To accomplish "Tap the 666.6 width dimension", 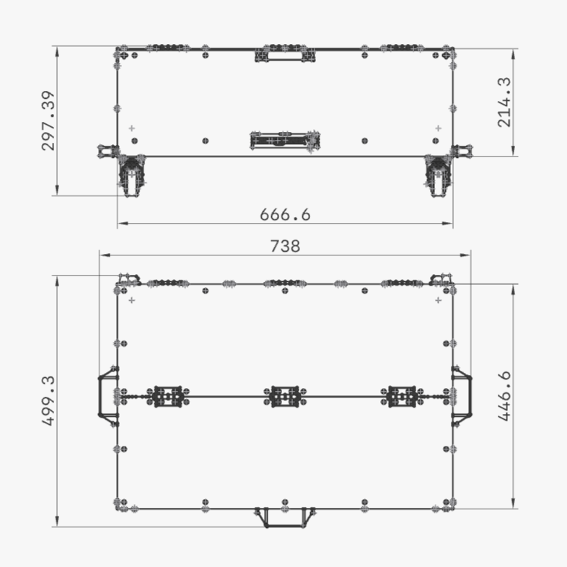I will pyautogui.click(x=285, y=215).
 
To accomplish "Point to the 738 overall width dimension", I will pyautogui.click(x=285, y=246).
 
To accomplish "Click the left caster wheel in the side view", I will pyautogui.click(x=131, y=175).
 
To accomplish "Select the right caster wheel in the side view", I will pyautogui.click(x=437, y=175).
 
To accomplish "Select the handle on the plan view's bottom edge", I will pyautogui.click(x=285, y=516).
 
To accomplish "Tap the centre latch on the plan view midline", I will pyautogui.click(x=285, y=395).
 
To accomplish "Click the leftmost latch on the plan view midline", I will pyautogui.click(x=167, y=395).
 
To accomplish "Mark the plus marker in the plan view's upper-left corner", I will pyautogui.click(x=131, y=299).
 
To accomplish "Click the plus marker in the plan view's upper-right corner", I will pyautogui.click(x=438, y=299).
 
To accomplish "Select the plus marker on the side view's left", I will pyautogui.click(x=131, y=128).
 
